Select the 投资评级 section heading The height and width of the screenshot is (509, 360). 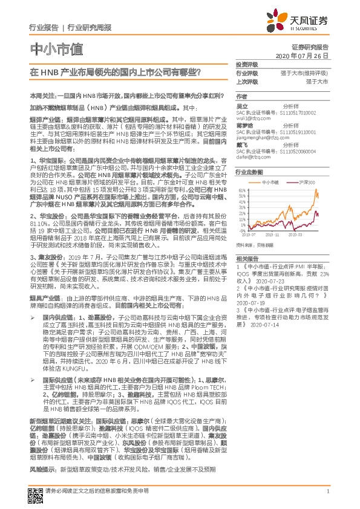click(247, 64)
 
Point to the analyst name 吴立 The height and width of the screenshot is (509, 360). click(242, 105)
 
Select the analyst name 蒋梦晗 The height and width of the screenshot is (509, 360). click(244, 126)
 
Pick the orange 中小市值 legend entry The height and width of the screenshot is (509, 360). click(270, 181)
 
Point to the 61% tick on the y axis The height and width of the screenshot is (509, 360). click(242, 190)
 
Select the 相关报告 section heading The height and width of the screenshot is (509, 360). click(247, 258)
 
